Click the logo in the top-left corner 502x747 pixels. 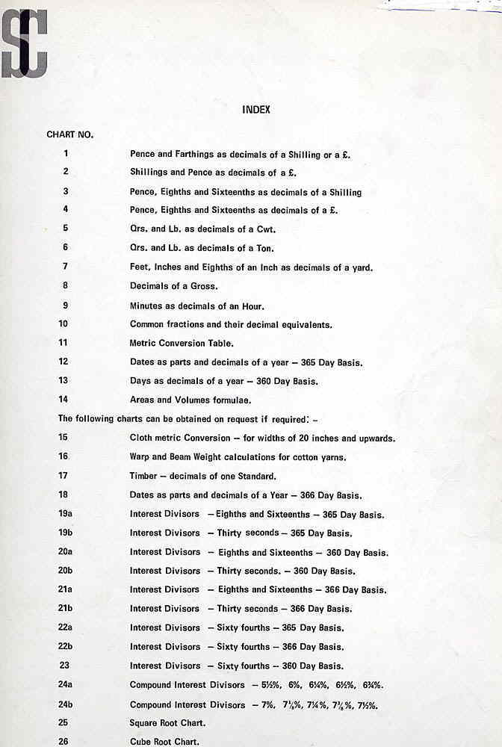coord(24,43)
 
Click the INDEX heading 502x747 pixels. coord(256,110)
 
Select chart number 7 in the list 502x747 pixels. coord(66,266)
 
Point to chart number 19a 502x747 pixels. coord(65,514)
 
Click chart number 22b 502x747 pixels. coord(65,646)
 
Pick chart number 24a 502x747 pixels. coord(65,684)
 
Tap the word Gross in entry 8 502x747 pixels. coord(206,286)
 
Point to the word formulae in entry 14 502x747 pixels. coord(230,400)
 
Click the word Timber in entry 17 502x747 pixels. coord(143,476)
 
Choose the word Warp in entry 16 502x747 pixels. coord(140,456)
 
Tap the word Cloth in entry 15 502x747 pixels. coord(141,438)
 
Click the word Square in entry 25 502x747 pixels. coord(145,723)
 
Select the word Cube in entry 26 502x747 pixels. coord(141,742)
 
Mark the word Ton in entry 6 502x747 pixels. coord(265,248)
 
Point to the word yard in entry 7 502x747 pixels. coord(362,267)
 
